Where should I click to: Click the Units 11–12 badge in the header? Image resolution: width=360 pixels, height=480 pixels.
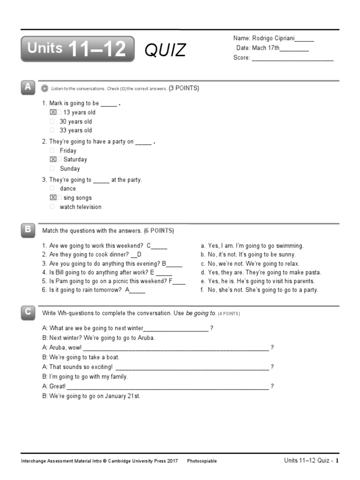(x=77, y=49)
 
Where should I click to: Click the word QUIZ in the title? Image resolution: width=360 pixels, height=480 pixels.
(x=165, y=50)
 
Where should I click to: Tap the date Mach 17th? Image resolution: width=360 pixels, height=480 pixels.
(x=266, y=48)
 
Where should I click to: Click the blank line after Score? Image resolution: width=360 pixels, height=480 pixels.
(x=292, y=58)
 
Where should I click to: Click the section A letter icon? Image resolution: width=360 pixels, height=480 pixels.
(x=28, y=87)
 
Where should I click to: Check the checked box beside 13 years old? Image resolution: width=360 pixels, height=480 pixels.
(x=53, y=112)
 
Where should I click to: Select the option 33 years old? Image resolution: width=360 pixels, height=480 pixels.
(x=75, y=130)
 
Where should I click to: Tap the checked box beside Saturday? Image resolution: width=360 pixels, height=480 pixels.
(x=53, y=159)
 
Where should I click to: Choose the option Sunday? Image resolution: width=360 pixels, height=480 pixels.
(x=70, y=169)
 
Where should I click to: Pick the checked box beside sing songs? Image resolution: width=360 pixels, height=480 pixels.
(x=53, y=198)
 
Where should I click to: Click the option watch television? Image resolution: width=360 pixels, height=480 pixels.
(x=80, y=207)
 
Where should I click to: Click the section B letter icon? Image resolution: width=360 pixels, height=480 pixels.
(x=28, y=230)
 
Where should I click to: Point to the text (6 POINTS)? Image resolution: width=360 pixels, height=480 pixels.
(x=159, y=231)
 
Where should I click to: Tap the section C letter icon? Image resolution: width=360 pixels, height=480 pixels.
(x=28, y=312)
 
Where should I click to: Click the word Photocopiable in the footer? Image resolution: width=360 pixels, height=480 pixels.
(x=202, y=461)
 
